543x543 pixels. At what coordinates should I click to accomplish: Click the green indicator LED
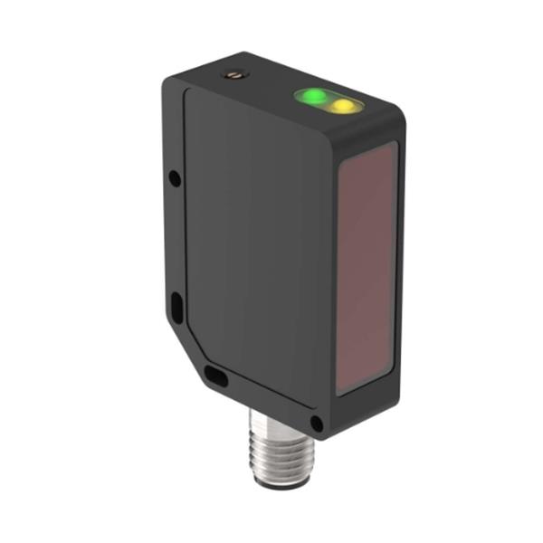pyautogui.click(x=313, y=95)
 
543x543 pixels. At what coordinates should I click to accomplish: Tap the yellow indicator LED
pyautogui.click(x=342, y=107)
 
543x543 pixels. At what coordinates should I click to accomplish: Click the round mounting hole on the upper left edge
pyautogui.click(x=175, y=179)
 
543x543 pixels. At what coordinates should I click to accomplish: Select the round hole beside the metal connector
pyautogui.click(x=316, y=423)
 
